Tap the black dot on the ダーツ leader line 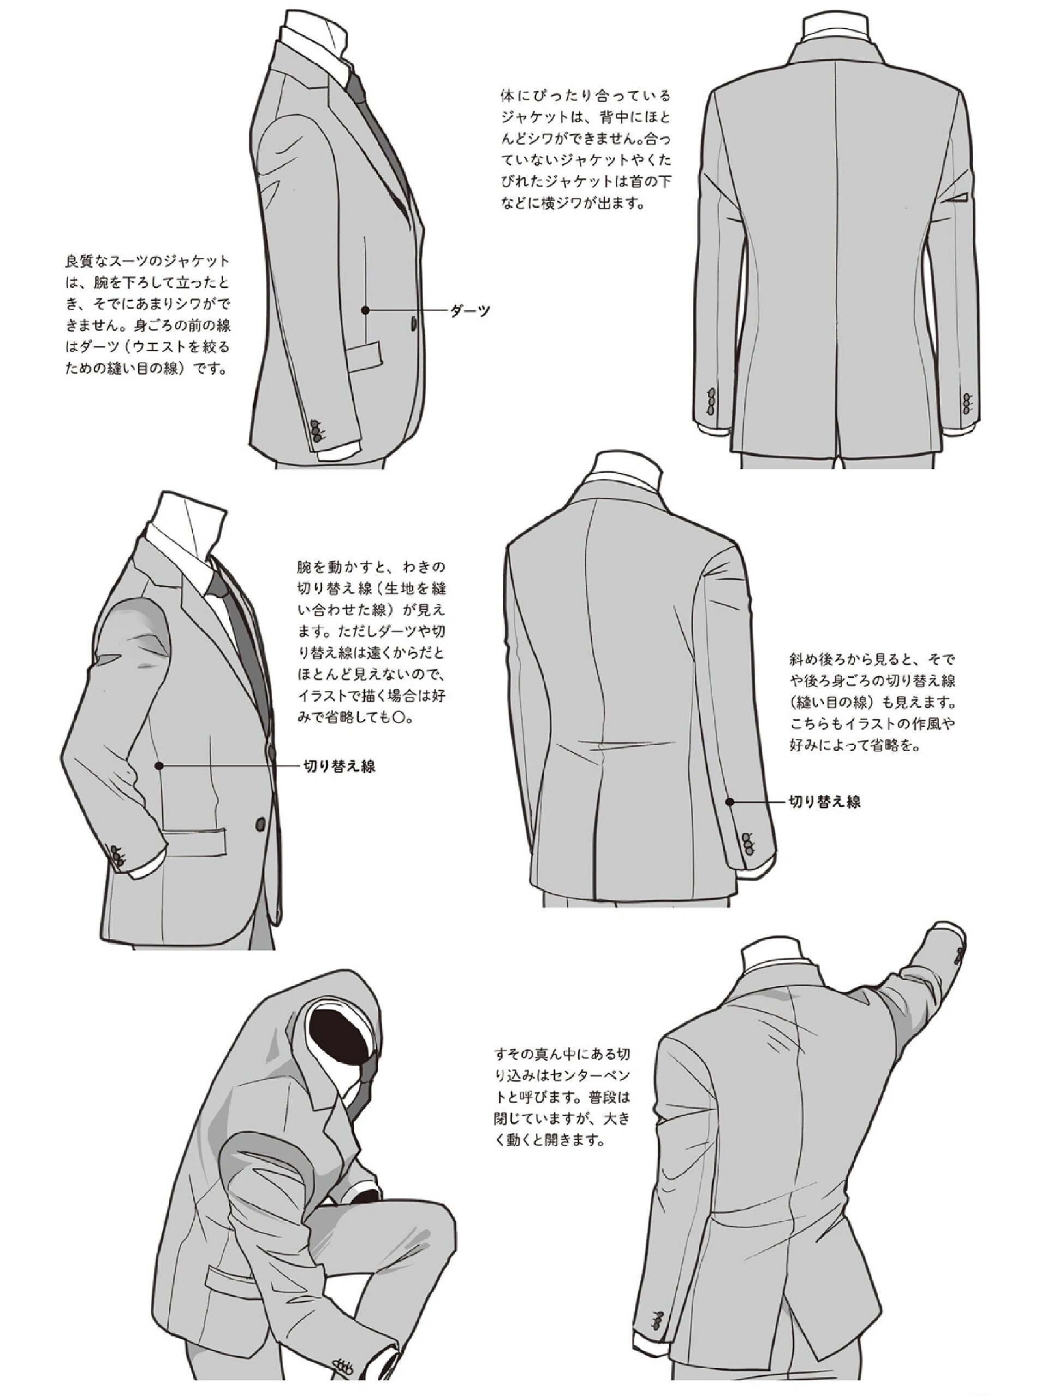click(x=365, y=310)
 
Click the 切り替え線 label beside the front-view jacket click(x=340, y=766)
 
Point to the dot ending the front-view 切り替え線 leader click(x=160, y=766)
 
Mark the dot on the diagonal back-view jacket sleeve click(x=730, y=802)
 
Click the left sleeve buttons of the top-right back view click(x=712, y=401)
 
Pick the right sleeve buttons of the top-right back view click(x=968, y=402)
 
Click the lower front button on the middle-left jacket click(x=260, y=823)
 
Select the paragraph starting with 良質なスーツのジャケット click(x=148, y=314)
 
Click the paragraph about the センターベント click(x=562, y=1096)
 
